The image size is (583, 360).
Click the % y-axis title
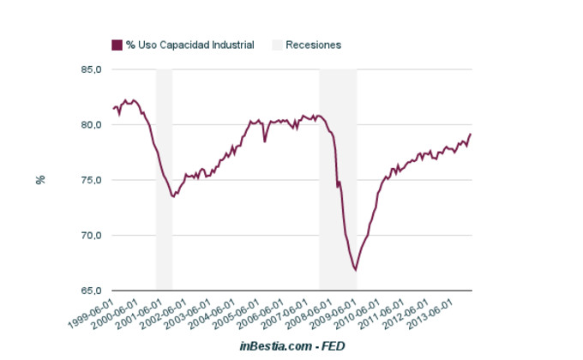tap(39, 180)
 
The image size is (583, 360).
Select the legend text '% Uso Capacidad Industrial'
tap(189, 45)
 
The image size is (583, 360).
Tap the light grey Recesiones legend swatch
tap(277, 45)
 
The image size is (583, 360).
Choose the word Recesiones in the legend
tap(314, 45)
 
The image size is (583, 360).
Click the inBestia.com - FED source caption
tap(292, 345)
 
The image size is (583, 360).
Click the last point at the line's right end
tap(471, 134)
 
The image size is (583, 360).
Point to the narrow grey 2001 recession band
tap(164, 180)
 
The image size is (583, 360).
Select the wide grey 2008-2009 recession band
tap(338, 180)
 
